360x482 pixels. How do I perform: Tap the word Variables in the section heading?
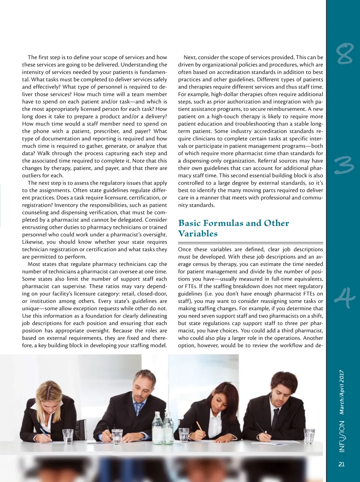pos(198,234)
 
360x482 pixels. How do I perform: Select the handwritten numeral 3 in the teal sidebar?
pos(344,166)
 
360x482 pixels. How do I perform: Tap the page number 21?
pos(341,464)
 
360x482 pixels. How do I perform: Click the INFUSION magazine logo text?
pos(342,436)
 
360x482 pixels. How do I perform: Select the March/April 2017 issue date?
pos(342,392)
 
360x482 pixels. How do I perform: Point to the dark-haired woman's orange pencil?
pos(200,426)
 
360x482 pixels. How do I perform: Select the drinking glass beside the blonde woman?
pos(67,436)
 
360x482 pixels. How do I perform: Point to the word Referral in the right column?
pos(268,161)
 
